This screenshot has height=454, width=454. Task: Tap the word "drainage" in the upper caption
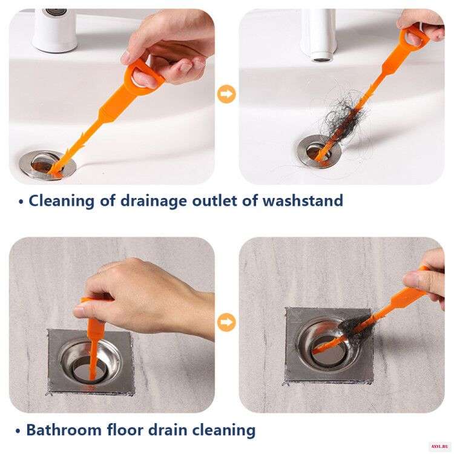click(x=154, y=201)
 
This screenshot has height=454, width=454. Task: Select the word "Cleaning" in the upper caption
click(x=61, y=201)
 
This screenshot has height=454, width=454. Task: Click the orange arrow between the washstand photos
click(x=226, y=94)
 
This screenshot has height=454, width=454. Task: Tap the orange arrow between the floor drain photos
click(x=226, y=322)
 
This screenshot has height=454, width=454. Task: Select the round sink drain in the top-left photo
click(x=47, y=165)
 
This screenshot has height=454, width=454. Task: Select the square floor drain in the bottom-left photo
click(x=90, y=362)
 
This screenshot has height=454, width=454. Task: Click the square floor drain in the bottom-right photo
click(x=329, y=346)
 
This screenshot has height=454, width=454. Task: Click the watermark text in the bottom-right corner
click(x=441, y=447)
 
